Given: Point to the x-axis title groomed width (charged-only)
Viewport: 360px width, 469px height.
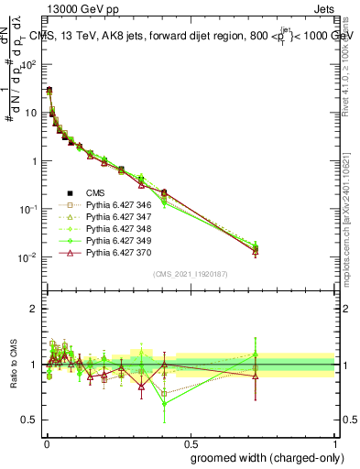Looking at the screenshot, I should point(261,457).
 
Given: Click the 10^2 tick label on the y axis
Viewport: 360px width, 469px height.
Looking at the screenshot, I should point(30,65).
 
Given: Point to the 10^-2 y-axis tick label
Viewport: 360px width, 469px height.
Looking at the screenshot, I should point(29,257).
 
